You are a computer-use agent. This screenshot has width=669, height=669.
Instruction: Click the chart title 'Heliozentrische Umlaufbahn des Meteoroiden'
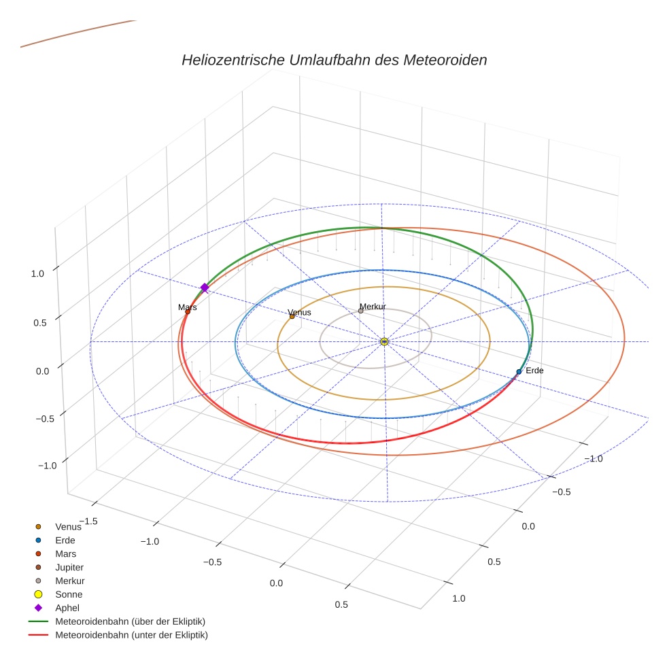pyautogui.click(x=334, y=60)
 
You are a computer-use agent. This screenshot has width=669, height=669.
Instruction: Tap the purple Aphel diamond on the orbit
pyautogui.click(x=204, y=288)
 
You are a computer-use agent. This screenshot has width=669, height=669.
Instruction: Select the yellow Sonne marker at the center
pyautogui.click(x=384, y=341)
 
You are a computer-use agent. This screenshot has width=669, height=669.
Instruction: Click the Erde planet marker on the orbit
pyautogui.click(x=519, y=372)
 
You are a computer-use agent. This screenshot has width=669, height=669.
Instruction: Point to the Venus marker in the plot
pyautogui.click(x=292, y=316)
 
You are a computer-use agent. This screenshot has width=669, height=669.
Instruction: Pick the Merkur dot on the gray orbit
pyautogui.click(x=360, y=311)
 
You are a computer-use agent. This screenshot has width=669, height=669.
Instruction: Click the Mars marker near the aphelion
pyautogui.click(x=188, y=311)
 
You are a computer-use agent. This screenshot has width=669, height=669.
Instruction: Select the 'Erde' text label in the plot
pyautogui.click(x=534, y=371)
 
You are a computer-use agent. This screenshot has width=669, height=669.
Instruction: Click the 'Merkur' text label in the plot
pyautogui.click(x=373, y=307)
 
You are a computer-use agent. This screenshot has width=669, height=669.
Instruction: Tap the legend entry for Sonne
pyautogui.click(x=69, y=594)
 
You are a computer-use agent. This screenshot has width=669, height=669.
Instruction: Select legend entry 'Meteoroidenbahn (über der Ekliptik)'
pyautogui.click(x=130, y=621)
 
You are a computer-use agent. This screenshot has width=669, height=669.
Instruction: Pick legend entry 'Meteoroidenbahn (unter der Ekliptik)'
pyautogui.click(x=131, y=635)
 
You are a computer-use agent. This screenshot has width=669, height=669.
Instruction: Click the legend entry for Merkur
pyautogui.click(x=69, y=581)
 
